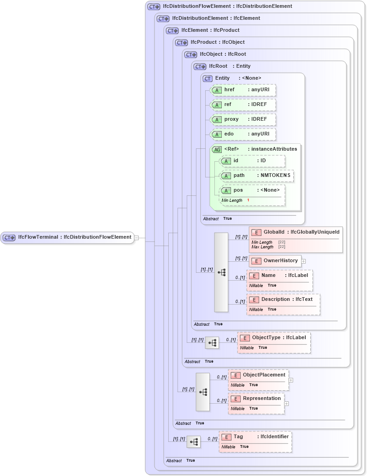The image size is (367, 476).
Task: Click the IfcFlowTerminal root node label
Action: (67, 237)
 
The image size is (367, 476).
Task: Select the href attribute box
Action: (243, 90)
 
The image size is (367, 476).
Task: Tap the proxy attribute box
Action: (243, 119)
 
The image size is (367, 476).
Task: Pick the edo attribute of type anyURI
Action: (243, 134)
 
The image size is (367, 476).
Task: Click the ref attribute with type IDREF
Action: (243, 105)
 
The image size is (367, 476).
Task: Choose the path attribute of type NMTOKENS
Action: (256, 176)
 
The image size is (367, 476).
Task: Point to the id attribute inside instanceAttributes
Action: (252, 161)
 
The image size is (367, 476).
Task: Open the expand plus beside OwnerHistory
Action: (303, 261)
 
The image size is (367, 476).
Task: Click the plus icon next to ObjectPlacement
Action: (291, 380)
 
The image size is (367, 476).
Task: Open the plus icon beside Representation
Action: (286, 404)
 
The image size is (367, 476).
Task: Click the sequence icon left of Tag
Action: (194, 442)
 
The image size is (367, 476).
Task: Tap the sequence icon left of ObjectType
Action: (212, 343)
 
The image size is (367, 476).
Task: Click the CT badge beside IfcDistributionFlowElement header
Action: (154, 6)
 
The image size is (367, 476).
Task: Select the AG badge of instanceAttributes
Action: (217, 149)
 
